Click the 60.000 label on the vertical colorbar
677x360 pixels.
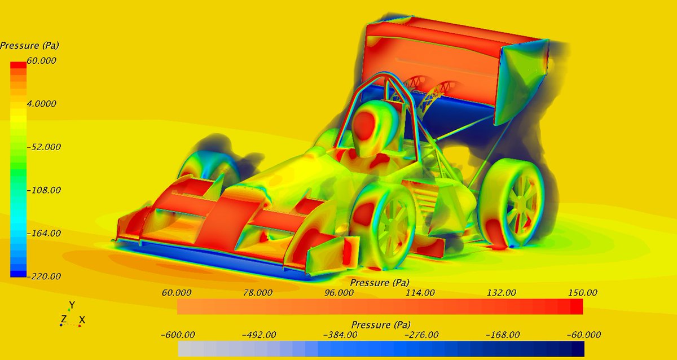pyautogui.click(x=41, y=61)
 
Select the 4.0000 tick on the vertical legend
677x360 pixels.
pyautogui.click(x=41, y=104)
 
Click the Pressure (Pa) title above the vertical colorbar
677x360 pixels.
pyautogui.click(x=29, y=45)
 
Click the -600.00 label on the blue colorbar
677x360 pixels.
pyautogui.click(x=178, y=335)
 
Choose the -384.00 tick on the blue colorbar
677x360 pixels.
pyautogui.click(x=340, y=335)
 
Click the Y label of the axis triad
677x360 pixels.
pyautogui.click(x=72, y=305)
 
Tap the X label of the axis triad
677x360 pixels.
pyautogui.click(x=82, y=320)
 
